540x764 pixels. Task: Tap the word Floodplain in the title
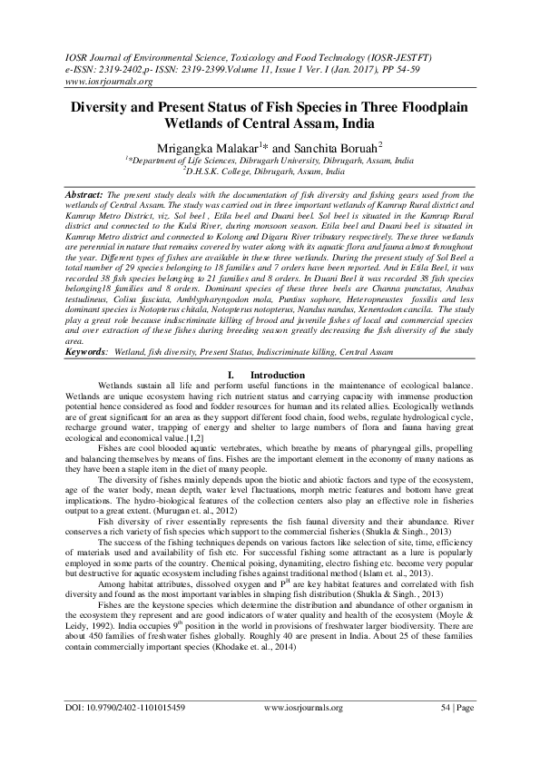tap(434, 105)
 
